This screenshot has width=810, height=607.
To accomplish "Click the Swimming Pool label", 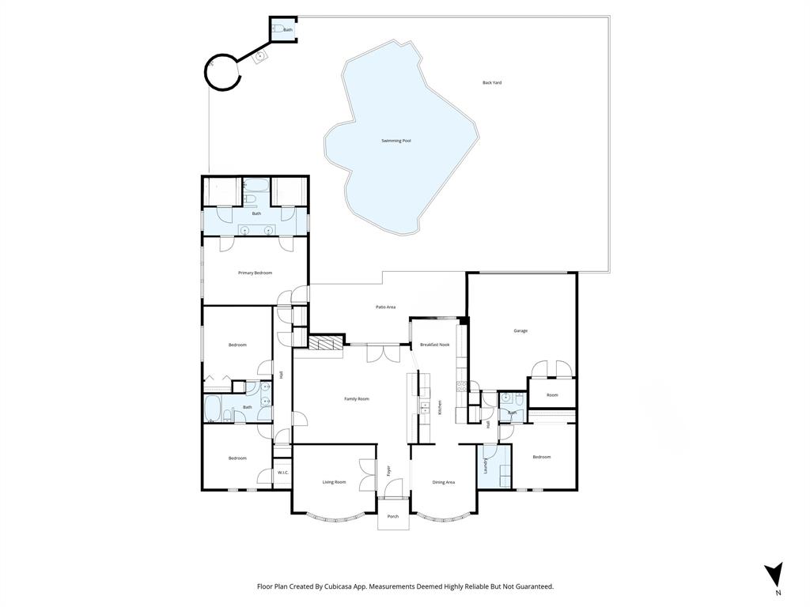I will [396, 141].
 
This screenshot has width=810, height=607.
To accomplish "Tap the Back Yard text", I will [492, 82].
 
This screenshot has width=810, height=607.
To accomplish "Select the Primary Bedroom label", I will [255, 273].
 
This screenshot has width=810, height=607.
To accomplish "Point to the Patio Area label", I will [385, 307].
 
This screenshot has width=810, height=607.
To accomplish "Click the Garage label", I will [520, 330].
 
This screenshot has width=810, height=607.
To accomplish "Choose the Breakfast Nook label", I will [434, 345].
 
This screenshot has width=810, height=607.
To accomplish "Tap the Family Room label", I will [357, 399].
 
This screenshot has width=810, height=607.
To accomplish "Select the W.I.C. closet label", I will [282, 473].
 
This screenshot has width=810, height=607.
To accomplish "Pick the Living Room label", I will [334, 481].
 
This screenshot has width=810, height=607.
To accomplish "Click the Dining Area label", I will [443, 481].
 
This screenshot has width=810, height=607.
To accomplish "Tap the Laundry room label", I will [486, 467].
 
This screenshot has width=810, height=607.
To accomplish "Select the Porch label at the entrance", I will [392, 516].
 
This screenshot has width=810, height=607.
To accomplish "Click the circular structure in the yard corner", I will [222, 73].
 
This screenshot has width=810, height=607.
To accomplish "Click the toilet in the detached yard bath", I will [278, 29].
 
